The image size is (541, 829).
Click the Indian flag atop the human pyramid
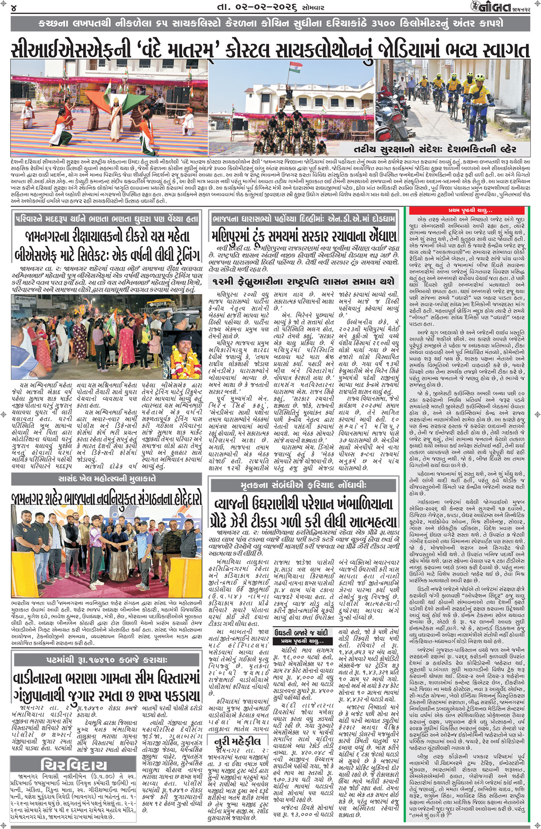296,68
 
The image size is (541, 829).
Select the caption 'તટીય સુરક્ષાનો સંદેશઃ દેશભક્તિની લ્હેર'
435,149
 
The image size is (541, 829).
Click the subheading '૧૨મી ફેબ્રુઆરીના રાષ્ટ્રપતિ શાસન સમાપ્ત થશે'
303,282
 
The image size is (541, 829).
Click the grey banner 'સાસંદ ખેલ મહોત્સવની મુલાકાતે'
106,479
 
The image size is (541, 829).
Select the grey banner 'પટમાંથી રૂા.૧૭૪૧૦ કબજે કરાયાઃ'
106,660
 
